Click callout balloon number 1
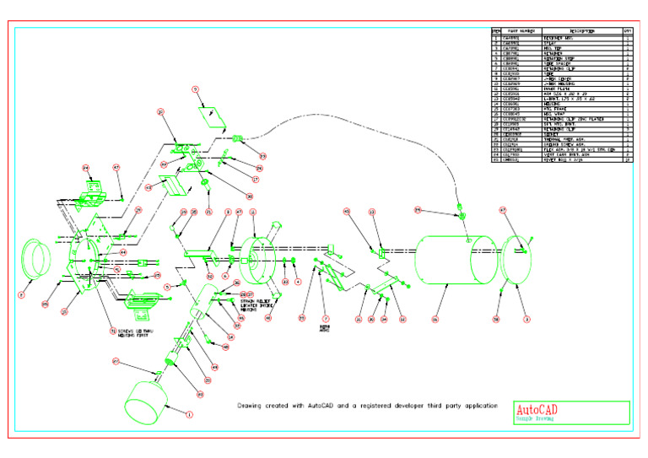click(x=189, y=414)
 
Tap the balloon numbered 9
click(x=195, y=89)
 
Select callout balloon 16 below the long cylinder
click(x=435, y=320)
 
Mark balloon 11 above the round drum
click(x=253, y=213)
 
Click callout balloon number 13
click(x=372, y=213)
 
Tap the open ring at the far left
click(x=40, y=258)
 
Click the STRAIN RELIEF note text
click(x=262, y=301)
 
